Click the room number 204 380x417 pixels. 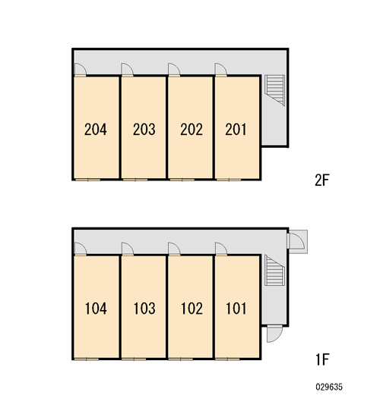(x=96, y=130)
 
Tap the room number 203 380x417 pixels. (x=144, y=130)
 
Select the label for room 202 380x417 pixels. (x=192, y=130)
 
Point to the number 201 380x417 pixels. (x=236, y=130)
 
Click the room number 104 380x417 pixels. (x=96, y=309)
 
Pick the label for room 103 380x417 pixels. (x=144, y=309)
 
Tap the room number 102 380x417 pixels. (x=192, y=309)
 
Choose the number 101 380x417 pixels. (x=236, y=309)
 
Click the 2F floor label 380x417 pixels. (x=322, y=180)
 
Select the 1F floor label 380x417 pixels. (x=323, y=359)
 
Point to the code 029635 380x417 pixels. (x=329, y=387)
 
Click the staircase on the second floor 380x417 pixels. (x=274, y=90)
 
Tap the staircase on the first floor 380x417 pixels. (x=274, y=270)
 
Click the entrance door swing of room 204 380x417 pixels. (x=80, y=70)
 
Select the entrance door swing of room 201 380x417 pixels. (x=221, y=70)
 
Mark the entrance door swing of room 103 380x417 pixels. (x=128, y=249)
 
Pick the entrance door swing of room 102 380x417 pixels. (x=174, y=249)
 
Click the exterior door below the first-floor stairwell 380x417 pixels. (x=274, y=334)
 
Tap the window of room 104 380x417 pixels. (x=87, y=359)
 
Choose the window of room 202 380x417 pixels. (x=182, y=180)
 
